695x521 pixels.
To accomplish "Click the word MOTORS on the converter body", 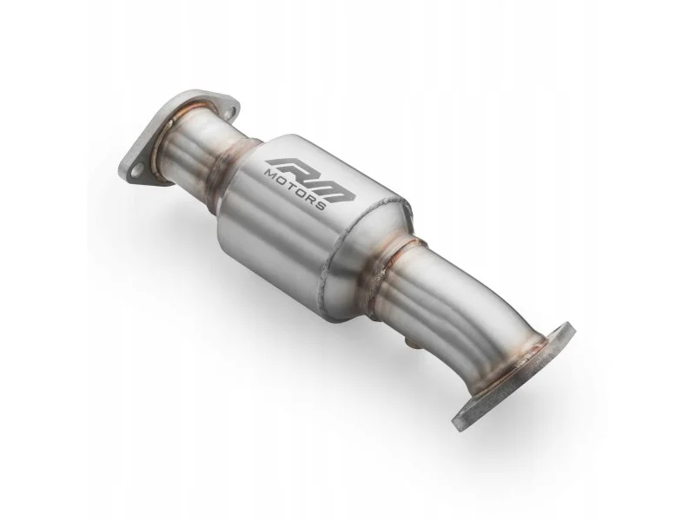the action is pos(295,189).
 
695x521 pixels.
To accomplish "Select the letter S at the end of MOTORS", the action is pos(321,206).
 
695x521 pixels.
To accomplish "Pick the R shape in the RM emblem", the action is pos(288,166).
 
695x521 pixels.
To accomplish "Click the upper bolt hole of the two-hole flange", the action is pos(228,114).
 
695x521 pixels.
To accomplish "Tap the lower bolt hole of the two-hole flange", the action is pos(136,168).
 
